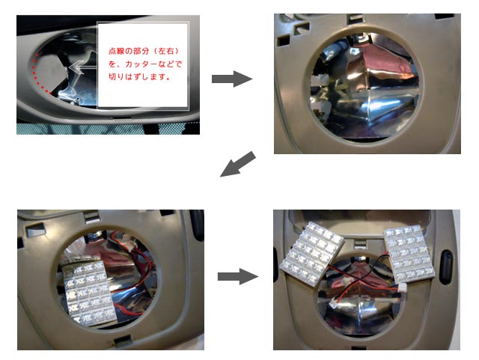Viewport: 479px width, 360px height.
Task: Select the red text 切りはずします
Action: (139, 76)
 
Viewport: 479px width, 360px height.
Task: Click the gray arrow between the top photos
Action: (232, 79)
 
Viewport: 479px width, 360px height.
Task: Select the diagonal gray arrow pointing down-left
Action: (238, 164)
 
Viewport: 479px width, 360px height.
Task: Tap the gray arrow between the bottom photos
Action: (238, 277)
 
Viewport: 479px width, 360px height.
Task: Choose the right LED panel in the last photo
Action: (409, 253)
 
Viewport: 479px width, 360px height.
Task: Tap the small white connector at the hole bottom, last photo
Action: (333, 302)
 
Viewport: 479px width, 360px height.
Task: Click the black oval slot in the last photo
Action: (445, 267)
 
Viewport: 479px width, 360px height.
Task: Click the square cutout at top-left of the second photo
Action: (284, 40)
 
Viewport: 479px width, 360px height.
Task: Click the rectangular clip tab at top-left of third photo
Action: (36, 230)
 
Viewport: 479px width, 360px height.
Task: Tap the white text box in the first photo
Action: (143, 65)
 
